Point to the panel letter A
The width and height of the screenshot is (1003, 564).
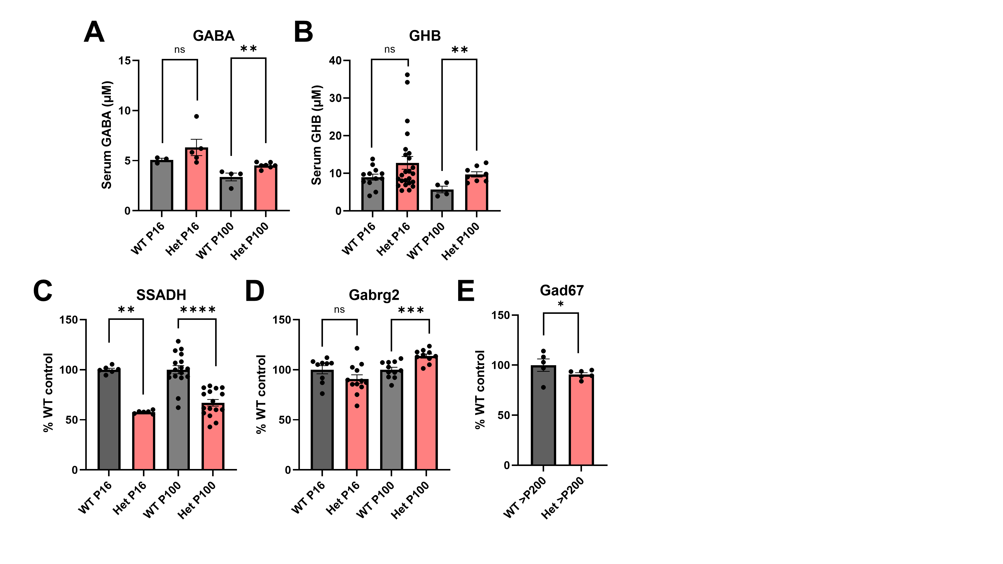pos(94,33)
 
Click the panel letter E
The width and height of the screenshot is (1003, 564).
pos(466,291)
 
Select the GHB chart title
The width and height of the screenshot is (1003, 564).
pos(425,36)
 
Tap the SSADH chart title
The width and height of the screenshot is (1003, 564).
pos(161,295)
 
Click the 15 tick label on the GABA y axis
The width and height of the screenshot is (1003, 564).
pos(125,60)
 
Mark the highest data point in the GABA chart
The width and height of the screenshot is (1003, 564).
pos(197,116)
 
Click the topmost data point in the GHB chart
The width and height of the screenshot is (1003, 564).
pos(407,75)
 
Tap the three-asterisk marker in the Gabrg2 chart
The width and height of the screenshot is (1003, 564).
pos(411,310)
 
